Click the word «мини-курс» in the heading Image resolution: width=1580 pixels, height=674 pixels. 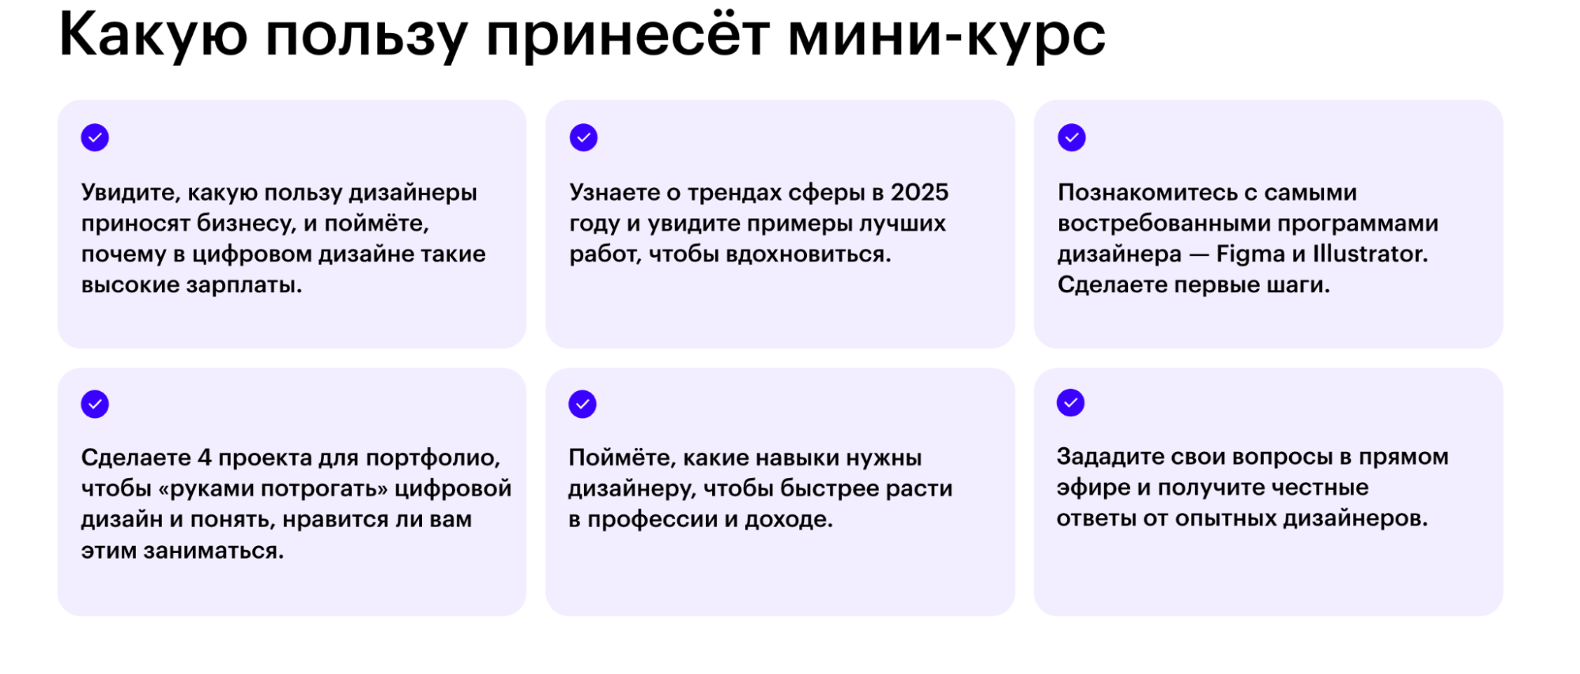pyautogui.click(x=946, y=35)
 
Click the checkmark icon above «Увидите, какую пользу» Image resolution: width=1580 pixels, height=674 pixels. pyautogui.click(x=95, y=137)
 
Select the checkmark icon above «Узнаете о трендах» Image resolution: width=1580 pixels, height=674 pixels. pyautogui.click(x=583, y=137)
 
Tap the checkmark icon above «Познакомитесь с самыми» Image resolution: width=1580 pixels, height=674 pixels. pyautogui.click(x=1072, y=137)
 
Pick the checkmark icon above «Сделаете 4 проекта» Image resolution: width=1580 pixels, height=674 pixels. pyautogui.click(x=95, y=404)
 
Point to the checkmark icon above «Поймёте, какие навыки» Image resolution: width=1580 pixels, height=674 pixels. pyautogui.click(x=583, y=404)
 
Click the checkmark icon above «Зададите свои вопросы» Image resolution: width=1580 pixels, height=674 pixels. pyautogui.click(x=1071, y=403)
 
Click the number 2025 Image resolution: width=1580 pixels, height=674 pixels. pyautogui.click(x=919, y=192)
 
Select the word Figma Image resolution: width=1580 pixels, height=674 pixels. pyautogui.click(x=1251, y=254)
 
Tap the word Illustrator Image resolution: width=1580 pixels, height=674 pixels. pyautogui.click(x=1371, y=254)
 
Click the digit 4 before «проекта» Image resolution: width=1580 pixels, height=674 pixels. pyautogui.click(x=205, y=457)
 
